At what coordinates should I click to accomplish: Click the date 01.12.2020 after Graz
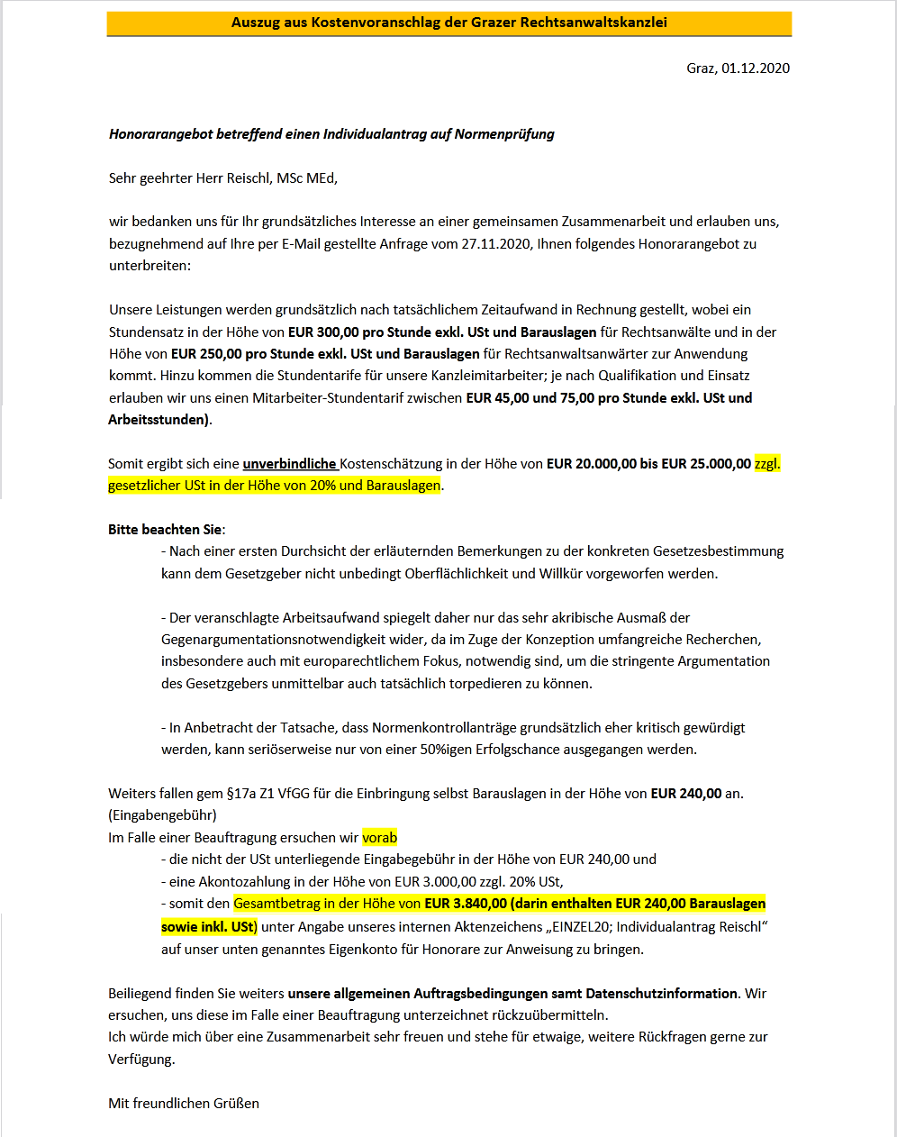756,68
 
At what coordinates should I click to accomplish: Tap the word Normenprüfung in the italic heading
504,134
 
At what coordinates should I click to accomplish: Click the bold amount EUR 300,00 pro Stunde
351,332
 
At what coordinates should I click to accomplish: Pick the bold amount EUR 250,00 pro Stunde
234,354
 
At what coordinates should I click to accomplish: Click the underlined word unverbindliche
289,464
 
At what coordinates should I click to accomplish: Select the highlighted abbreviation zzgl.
767,464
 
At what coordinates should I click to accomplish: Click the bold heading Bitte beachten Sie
165,530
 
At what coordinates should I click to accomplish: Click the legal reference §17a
239,794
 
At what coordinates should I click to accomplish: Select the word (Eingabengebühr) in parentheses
162,815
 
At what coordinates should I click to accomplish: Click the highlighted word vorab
379,838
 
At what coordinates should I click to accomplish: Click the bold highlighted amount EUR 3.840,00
466,904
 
